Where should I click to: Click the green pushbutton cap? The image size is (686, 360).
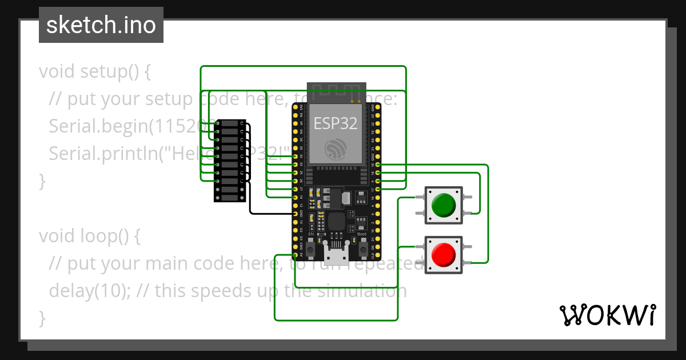[443, 205]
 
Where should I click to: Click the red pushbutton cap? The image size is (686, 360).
[443, 255]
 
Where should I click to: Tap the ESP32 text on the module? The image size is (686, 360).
[336, 123]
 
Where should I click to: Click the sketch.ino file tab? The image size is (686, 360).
[101, 25]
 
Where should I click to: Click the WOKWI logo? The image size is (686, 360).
[607, 315]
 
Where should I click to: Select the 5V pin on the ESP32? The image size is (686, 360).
[296, 255]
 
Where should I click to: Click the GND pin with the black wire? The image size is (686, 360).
[296, 213]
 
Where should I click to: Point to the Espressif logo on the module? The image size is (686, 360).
[336, 149]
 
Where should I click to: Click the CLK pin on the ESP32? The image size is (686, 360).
[377, 255]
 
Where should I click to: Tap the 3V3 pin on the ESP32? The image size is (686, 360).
[296, 107]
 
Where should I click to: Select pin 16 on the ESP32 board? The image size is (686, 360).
[377, 197]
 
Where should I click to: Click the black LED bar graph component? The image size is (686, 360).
[230, 161]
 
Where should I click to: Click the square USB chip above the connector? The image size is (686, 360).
[336, 221]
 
